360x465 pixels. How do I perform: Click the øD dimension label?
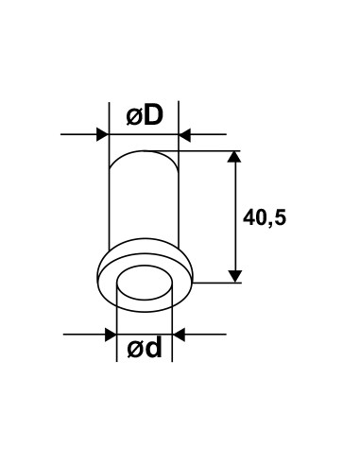pos(145,115)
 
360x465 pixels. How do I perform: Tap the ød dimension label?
pos(145,348)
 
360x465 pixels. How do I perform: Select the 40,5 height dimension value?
pos(265,217)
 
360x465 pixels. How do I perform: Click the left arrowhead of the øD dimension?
pos(102,134)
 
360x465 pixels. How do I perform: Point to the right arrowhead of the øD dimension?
pos(184,134)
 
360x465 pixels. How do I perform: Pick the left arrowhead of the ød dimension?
pos(111,335)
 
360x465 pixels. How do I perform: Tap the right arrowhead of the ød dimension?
pos(179,335)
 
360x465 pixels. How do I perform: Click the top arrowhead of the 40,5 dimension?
pos(234,157)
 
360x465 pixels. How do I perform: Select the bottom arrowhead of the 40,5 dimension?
pos(234,276)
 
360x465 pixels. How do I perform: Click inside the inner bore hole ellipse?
pos(146,283)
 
